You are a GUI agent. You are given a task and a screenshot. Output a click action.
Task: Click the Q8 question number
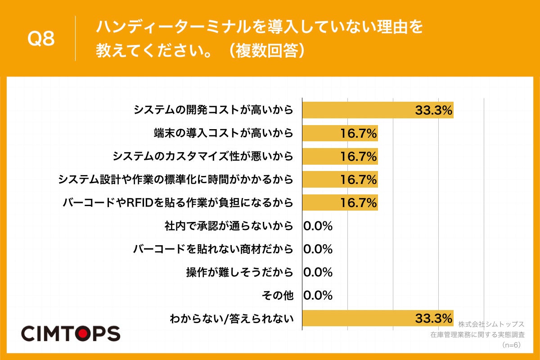pyautogui.click(x=41, y=39)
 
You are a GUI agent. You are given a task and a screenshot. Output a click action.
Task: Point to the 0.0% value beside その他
pyautogui.click(x=318, y=296)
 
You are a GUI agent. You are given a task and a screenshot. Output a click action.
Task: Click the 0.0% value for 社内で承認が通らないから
pyautogui.click(x=318, y=226)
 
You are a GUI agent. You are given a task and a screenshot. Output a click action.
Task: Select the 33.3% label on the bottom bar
pyautogui.click(x=433, y=319)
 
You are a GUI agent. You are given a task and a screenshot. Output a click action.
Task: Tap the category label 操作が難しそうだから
pyautogui.click(x=239, y=272)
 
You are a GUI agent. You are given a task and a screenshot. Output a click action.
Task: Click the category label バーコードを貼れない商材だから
pyautogui.click(x=213, y=249)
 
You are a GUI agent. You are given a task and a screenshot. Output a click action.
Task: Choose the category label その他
pyautogui.click(x=277, y=296)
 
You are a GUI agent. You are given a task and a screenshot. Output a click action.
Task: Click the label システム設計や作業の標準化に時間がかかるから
pyautogui.click(x=175, y=180)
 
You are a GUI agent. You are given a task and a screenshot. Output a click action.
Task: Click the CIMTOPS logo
pyautogui.click(x=71, y=333)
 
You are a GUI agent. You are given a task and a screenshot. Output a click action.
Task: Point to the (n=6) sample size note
pyautogui.click(x=510, y=345)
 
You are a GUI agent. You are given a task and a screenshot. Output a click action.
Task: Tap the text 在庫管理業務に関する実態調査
pyautogui.click(x=477, y=334)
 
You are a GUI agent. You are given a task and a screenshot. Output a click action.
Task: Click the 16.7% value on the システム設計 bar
pyautogui.click(x=358, y=180)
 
